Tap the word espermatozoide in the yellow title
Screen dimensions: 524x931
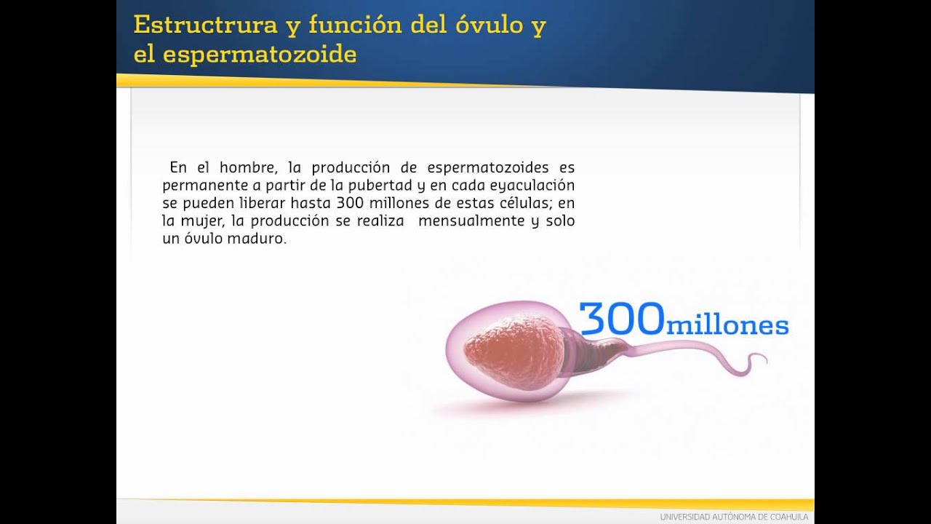260,54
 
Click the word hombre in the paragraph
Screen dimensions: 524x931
248,168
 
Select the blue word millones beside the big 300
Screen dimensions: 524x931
727,325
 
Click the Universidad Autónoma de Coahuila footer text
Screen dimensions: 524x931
734,517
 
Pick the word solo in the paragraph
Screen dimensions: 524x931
559,221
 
